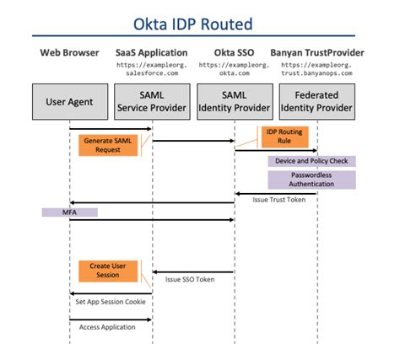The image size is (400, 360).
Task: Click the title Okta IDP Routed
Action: coord(200,22)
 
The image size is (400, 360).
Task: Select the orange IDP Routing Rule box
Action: coord(285,137)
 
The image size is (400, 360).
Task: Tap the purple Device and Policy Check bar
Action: coord(311,161)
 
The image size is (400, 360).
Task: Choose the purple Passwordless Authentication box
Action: coord(311,180)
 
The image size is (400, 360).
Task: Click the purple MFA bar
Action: coord(69,212)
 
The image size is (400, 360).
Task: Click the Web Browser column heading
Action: coord(69,54)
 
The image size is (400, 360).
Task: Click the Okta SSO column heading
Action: coord(234,54)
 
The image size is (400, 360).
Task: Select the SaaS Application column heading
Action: coord(152,54)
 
